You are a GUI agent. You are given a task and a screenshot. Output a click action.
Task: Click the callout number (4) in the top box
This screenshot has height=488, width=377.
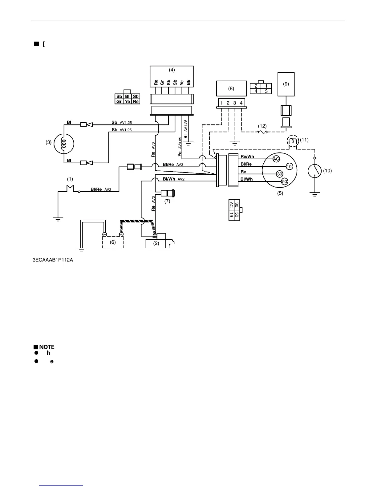coord(172,70)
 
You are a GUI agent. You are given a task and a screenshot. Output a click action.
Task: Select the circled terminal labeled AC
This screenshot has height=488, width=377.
coord(276,159)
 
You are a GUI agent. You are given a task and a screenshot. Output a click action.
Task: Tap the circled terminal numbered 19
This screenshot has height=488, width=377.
coord(289,167)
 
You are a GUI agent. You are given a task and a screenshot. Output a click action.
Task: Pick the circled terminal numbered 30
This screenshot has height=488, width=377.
coord(280,174)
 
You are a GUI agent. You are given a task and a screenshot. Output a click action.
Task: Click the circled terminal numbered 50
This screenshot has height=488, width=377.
coord(285,181)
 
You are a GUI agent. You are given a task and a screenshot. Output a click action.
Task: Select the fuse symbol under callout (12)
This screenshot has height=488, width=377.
coord(262,132)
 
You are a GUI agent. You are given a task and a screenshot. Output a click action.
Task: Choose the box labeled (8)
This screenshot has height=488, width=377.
coord(231,88)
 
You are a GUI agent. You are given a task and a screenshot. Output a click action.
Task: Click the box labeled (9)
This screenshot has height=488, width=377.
coord(286,84)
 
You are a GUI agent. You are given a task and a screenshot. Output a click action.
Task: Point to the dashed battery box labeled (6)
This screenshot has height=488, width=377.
coord(113,242)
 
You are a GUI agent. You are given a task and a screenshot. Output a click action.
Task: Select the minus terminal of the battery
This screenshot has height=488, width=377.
coord(104,234)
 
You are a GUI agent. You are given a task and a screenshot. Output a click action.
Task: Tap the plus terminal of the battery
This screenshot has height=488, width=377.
coord(121,234)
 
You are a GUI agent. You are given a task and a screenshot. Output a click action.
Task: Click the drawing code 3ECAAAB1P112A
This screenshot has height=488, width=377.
coord(53,260)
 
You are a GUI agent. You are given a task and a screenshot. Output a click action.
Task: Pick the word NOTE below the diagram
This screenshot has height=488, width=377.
coord(47,347)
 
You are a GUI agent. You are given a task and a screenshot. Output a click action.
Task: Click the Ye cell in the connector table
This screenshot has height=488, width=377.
coord(128,101)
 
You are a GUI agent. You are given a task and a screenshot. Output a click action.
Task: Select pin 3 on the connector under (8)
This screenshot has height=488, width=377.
coord(235,103)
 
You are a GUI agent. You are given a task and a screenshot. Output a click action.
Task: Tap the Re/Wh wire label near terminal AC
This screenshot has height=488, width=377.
coord(247,157)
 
